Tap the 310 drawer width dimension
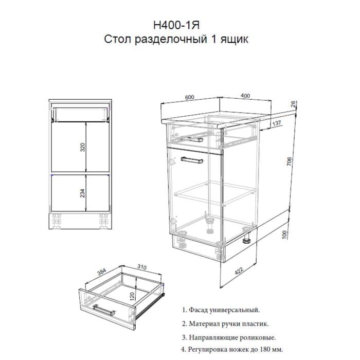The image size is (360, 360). pos(142,267)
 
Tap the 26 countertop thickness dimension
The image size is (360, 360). pos(293,104)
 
